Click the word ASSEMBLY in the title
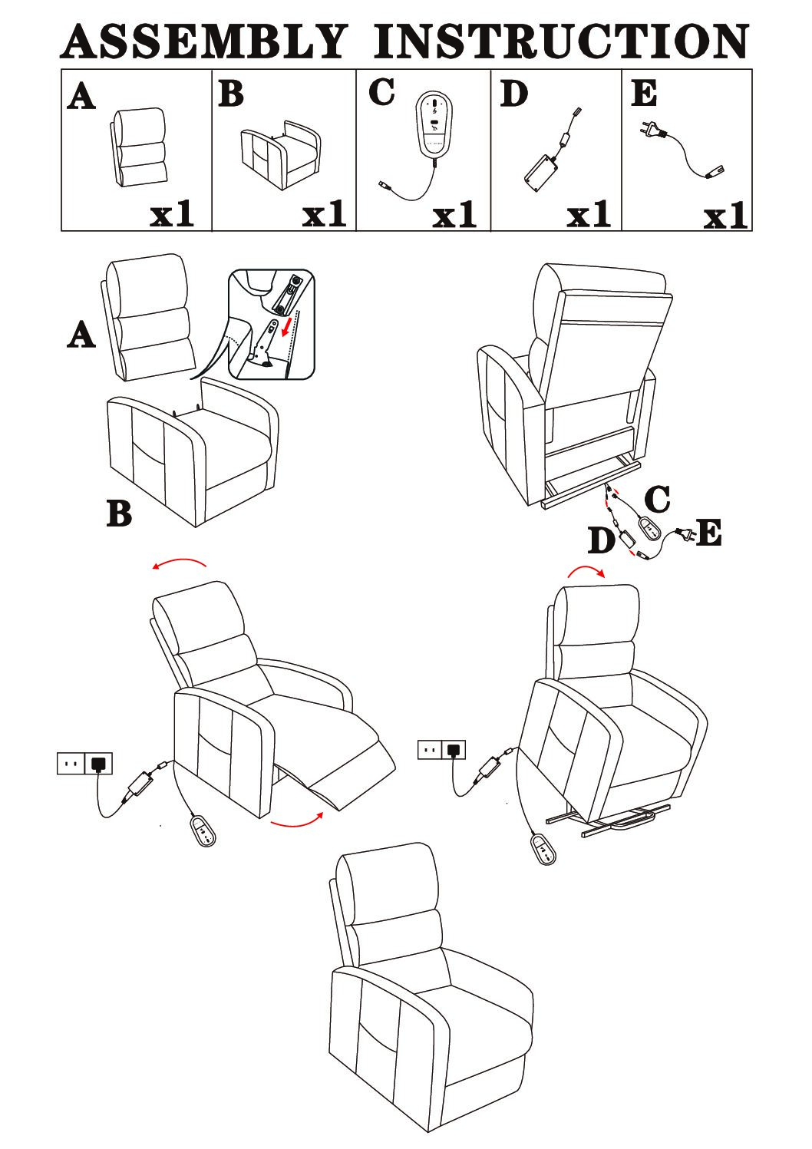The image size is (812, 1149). tap(204, 41)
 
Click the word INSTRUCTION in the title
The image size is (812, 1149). tap(561, 41)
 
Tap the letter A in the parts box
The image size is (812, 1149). tap(81, 97)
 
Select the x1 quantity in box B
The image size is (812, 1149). tap(324, 214)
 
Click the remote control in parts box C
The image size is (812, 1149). tap(434, 123)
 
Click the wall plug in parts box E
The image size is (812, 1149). tap(650, 130)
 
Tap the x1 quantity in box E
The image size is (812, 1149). tap(725, 216)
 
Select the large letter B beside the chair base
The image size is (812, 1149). tap(119, 513)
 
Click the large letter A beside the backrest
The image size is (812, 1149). tap(81, 335)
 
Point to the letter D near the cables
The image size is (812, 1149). tap(601, 540)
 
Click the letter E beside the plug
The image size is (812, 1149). tap(709, 533)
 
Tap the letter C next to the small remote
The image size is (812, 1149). tap(657, 499)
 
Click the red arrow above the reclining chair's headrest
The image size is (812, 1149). tap(180, 562)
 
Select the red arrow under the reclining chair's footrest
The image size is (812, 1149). tap(296, 821)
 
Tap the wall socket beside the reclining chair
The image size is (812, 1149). tap(84, 763)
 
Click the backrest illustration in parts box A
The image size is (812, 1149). tap(138, 147)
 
